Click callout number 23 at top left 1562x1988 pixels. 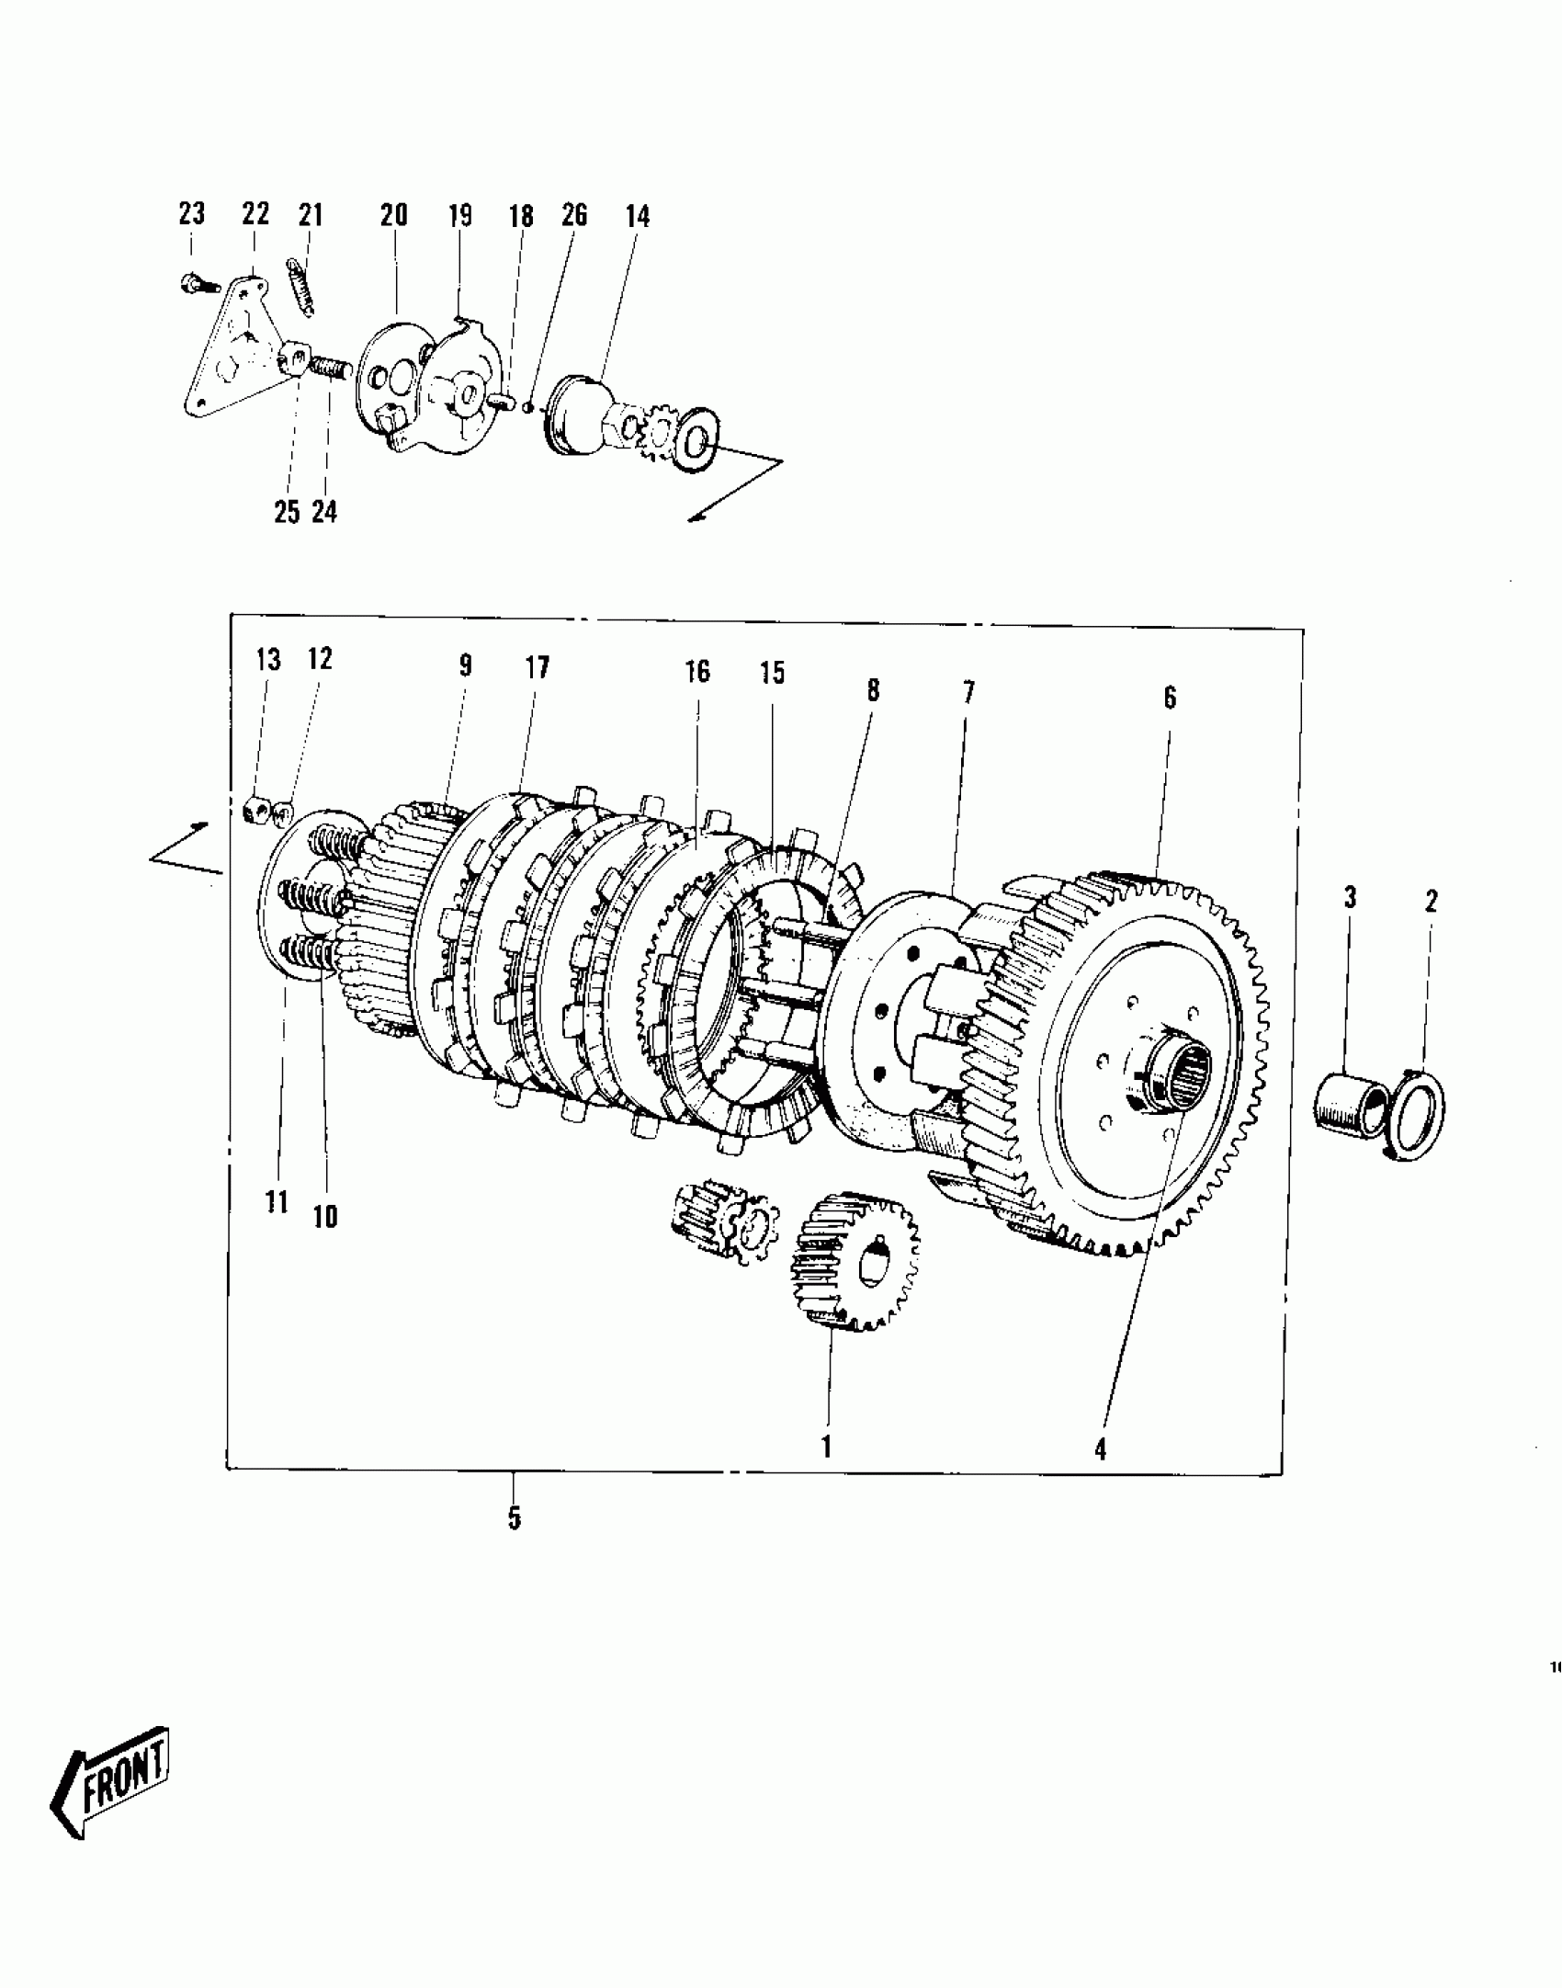(191, 214)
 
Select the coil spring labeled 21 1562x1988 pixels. (302, 286)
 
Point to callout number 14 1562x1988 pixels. (637, 217)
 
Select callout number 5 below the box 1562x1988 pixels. (514, 1518)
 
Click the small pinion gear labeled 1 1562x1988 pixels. (854, 1262)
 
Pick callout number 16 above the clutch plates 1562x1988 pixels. (697, 671)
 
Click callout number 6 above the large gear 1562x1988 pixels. (1169, 698)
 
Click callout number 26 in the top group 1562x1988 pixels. (574, 216)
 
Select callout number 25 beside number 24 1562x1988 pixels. (287, 511)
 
